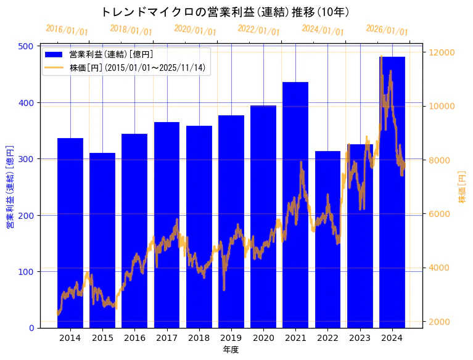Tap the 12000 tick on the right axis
[442, 52]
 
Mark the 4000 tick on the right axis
[440, 268]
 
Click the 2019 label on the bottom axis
[231, 338]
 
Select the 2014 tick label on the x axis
[70, 338]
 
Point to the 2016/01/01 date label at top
[67, 30]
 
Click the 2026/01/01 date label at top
[387, 30]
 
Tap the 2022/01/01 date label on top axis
[258, 30]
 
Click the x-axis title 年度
[231, 350]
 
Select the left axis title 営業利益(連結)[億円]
[10, 187]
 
